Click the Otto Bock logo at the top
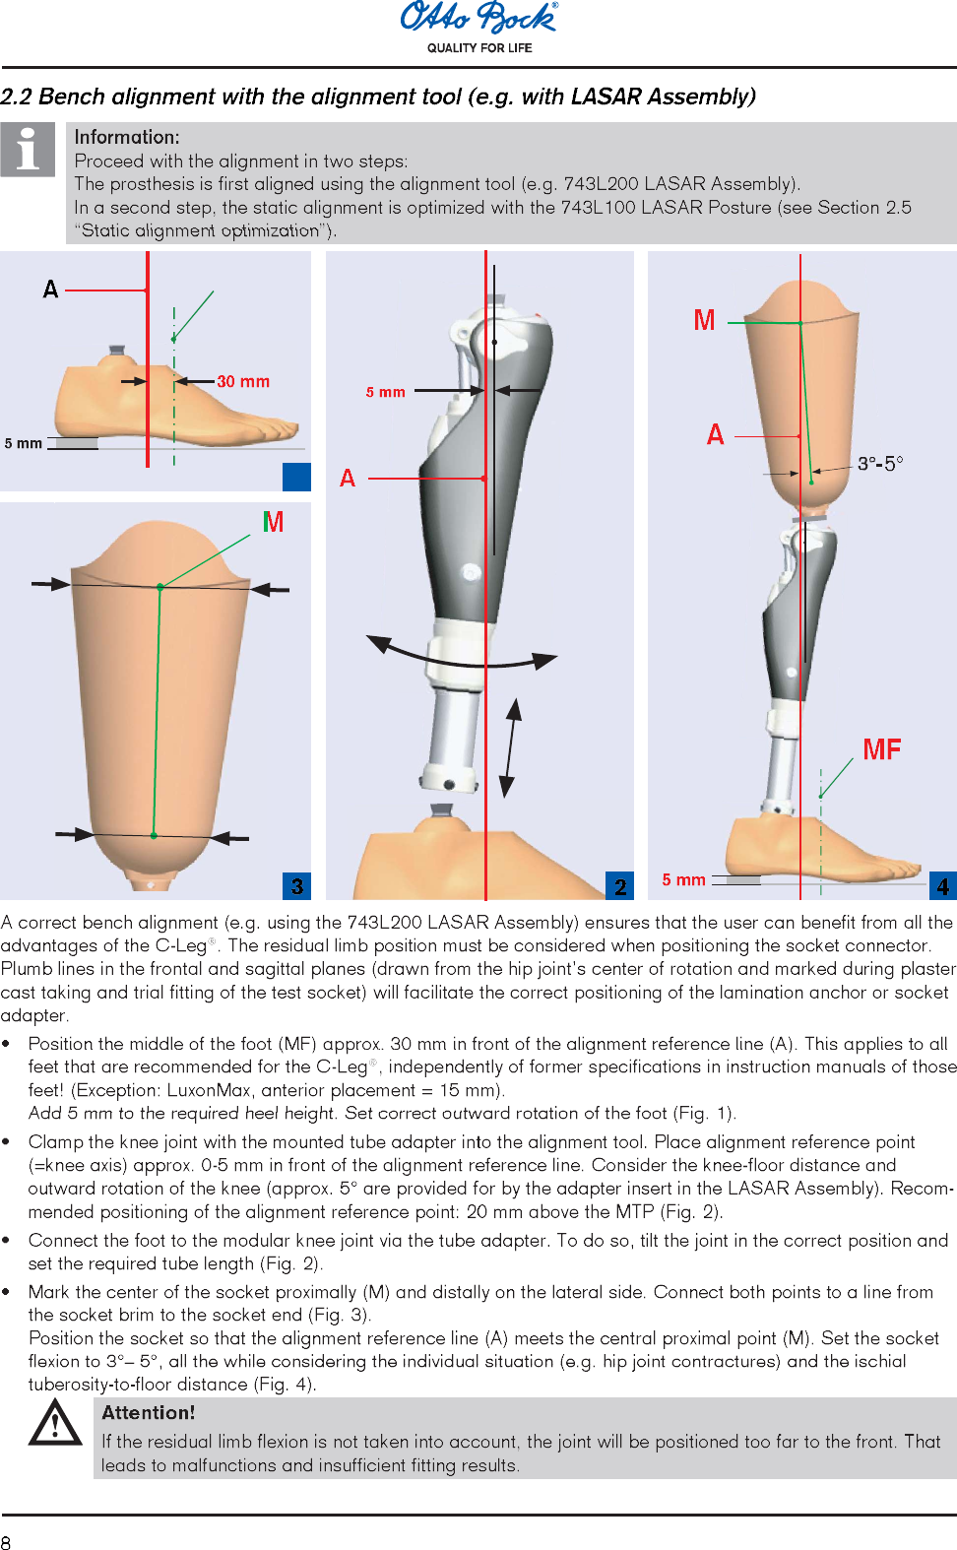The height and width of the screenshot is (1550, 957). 478,19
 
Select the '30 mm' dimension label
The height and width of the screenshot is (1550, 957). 243,381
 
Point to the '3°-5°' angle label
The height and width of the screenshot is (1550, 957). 879,463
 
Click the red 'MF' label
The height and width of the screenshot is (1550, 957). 881,750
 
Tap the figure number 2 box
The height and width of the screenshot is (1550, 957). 619,886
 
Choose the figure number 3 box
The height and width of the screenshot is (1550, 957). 296,886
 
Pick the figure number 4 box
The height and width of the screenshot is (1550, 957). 942,886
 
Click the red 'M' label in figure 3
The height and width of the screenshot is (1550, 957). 273,522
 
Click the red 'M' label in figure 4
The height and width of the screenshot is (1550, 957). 704,320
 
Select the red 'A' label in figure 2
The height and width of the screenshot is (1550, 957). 348,479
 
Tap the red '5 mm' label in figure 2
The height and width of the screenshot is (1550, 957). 385,392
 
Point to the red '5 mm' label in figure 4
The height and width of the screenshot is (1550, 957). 683,879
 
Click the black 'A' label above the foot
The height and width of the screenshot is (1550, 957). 51,290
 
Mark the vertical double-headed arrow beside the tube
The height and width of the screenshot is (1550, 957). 510,747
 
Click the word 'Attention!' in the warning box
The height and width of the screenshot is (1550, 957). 148,1412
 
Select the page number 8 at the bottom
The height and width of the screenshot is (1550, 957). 7,1542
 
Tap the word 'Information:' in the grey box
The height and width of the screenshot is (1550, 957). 127,137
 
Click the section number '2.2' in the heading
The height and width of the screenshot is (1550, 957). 16,97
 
